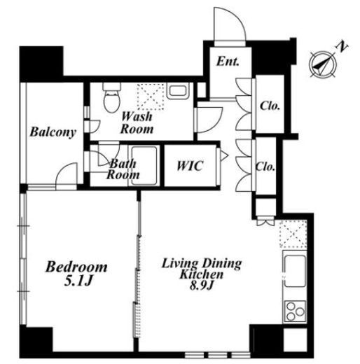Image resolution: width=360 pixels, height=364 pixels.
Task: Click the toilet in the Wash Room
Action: pos(112,98)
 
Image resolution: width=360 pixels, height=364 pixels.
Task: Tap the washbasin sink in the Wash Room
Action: pos(178,91)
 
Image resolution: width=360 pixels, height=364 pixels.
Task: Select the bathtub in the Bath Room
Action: pos(144,166)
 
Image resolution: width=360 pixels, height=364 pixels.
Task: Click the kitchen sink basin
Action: pos(295,271)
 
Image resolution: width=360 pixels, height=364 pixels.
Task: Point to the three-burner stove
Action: pos(295,311)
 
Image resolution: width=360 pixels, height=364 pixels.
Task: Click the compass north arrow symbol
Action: pos(323,64)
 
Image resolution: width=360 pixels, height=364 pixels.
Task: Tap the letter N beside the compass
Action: pos(342,47)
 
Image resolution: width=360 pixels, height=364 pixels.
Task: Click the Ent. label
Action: pos(228,62)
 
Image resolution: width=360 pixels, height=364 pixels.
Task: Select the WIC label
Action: pos(190,166)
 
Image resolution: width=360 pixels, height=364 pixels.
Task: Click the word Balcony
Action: pos(53,132)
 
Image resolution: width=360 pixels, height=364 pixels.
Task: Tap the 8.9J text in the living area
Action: pos(202,285)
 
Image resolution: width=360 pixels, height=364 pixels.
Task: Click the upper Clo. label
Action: pos(270,106)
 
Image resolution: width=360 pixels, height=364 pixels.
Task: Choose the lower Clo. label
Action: pos(265,167)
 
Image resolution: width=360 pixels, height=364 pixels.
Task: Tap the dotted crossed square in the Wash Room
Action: pos(151,97)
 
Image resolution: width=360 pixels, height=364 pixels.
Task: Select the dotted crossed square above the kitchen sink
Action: pos(293,234)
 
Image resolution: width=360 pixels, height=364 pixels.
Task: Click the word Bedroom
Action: pos(76,267)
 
